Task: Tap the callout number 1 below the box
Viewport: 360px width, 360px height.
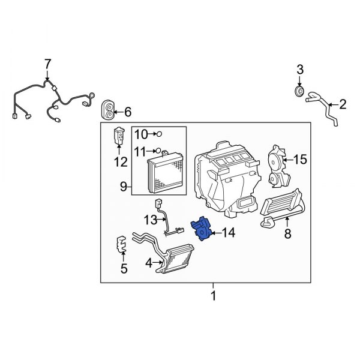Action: [x=212, y=296]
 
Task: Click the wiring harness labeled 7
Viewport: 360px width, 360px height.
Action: [x=51, y=99]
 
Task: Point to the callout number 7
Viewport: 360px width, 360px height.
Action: [x=47, y=64]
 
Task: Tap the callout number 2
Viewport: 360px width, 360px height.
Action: [x=343, y=105]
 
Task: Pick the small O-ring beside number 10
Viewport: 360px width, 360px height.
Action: [x=160, y=134]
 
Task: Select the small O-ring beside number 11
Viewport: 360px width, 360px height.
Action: [x=159, y=151]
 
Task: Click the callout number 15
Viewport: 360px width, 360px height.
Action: [x=300, y=160]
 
